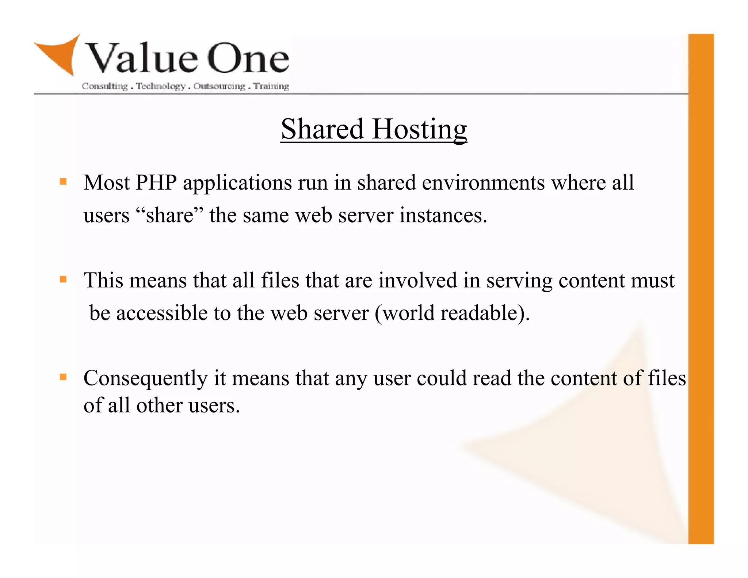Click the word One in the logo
coord(248,58)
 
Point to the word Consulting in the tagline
coord(104,86)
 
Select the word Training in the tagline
coord(271,86)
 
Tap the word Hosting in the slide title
coord(419,130)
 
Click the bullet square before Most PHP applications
coord(63,182)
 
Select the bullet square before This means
coord(63,280)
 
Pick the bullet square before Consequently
coord(63,377)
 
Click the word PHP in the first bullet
coord(156,182)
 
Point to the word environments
coord(483,183)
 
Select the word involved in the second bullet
coord(417,281)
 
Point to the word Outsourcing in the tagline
coord(220,86)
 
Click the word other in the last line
coord(159,406)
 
